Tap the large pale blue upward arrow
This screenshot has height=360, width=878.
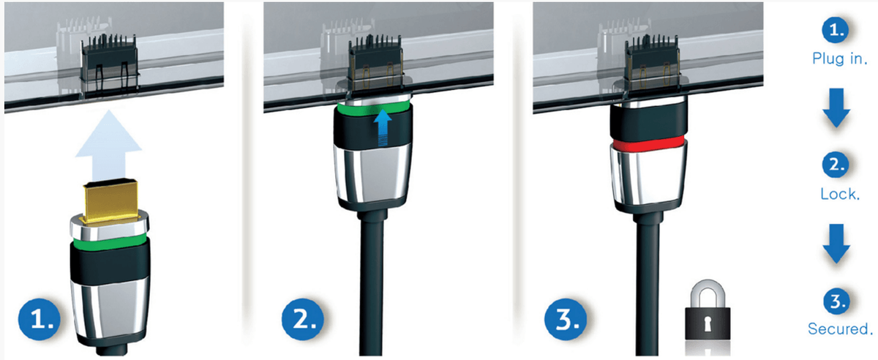pos(108,146)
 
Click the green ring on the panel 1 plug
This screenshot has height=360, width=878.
pos(109,241)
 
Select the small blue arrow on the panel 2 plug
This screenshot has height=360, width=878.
pos(383,128)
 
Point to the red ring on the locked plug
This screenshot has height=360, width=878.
pos(649,143)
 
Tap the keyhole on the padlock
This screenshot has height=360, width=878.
pos(708,323)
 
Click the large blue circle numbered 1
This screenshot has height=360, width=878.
pos(40,319)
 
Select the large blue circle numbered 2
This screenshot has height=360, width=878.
pos(303,319)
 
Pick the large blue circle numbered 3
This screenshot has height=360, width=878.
pos(566,319)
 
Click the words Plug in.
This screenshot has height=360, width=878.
pos(840,59)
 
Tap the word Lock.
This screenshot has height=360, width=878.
pos(840,194)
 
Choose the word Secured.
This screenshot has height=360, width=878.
pos(840,329)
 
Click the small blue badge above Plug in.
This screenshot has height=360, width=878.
pos(836,29)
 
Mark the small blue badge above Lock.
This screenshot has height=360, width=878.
pos(836,165)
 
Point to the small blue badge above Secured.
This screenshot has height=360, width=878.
pos(836,301)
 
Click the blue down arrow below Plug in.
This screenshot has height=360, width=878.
pos(836,108)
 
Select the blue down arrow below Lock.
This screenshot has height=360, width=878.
pos(836,243)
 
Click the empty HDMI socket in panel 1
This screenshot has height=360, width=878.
pos(109,64)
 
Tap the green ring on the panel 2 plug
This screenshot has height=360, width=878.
pos(373,108)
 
